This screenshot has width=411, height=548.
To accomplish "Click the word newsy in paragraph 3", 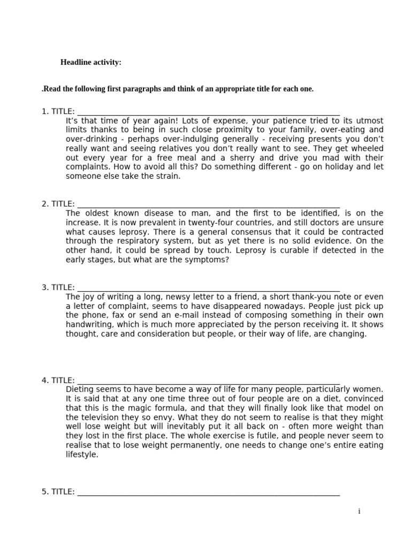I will [x=179, y=296].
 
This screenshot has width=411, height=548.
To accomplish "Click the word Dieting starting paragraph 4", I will [x=80, y=389].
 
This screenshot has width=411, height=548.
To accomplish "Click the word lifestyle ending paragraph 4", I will [x=82, y=454].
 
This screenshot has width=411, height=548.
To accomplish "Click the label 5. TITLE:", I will [x=58, y=492].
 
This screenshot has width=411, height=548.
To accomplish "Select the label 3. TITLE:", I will [x=58, y=287].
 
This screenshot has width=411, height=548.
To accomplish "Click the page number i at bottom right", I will [x=359, y=512].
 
